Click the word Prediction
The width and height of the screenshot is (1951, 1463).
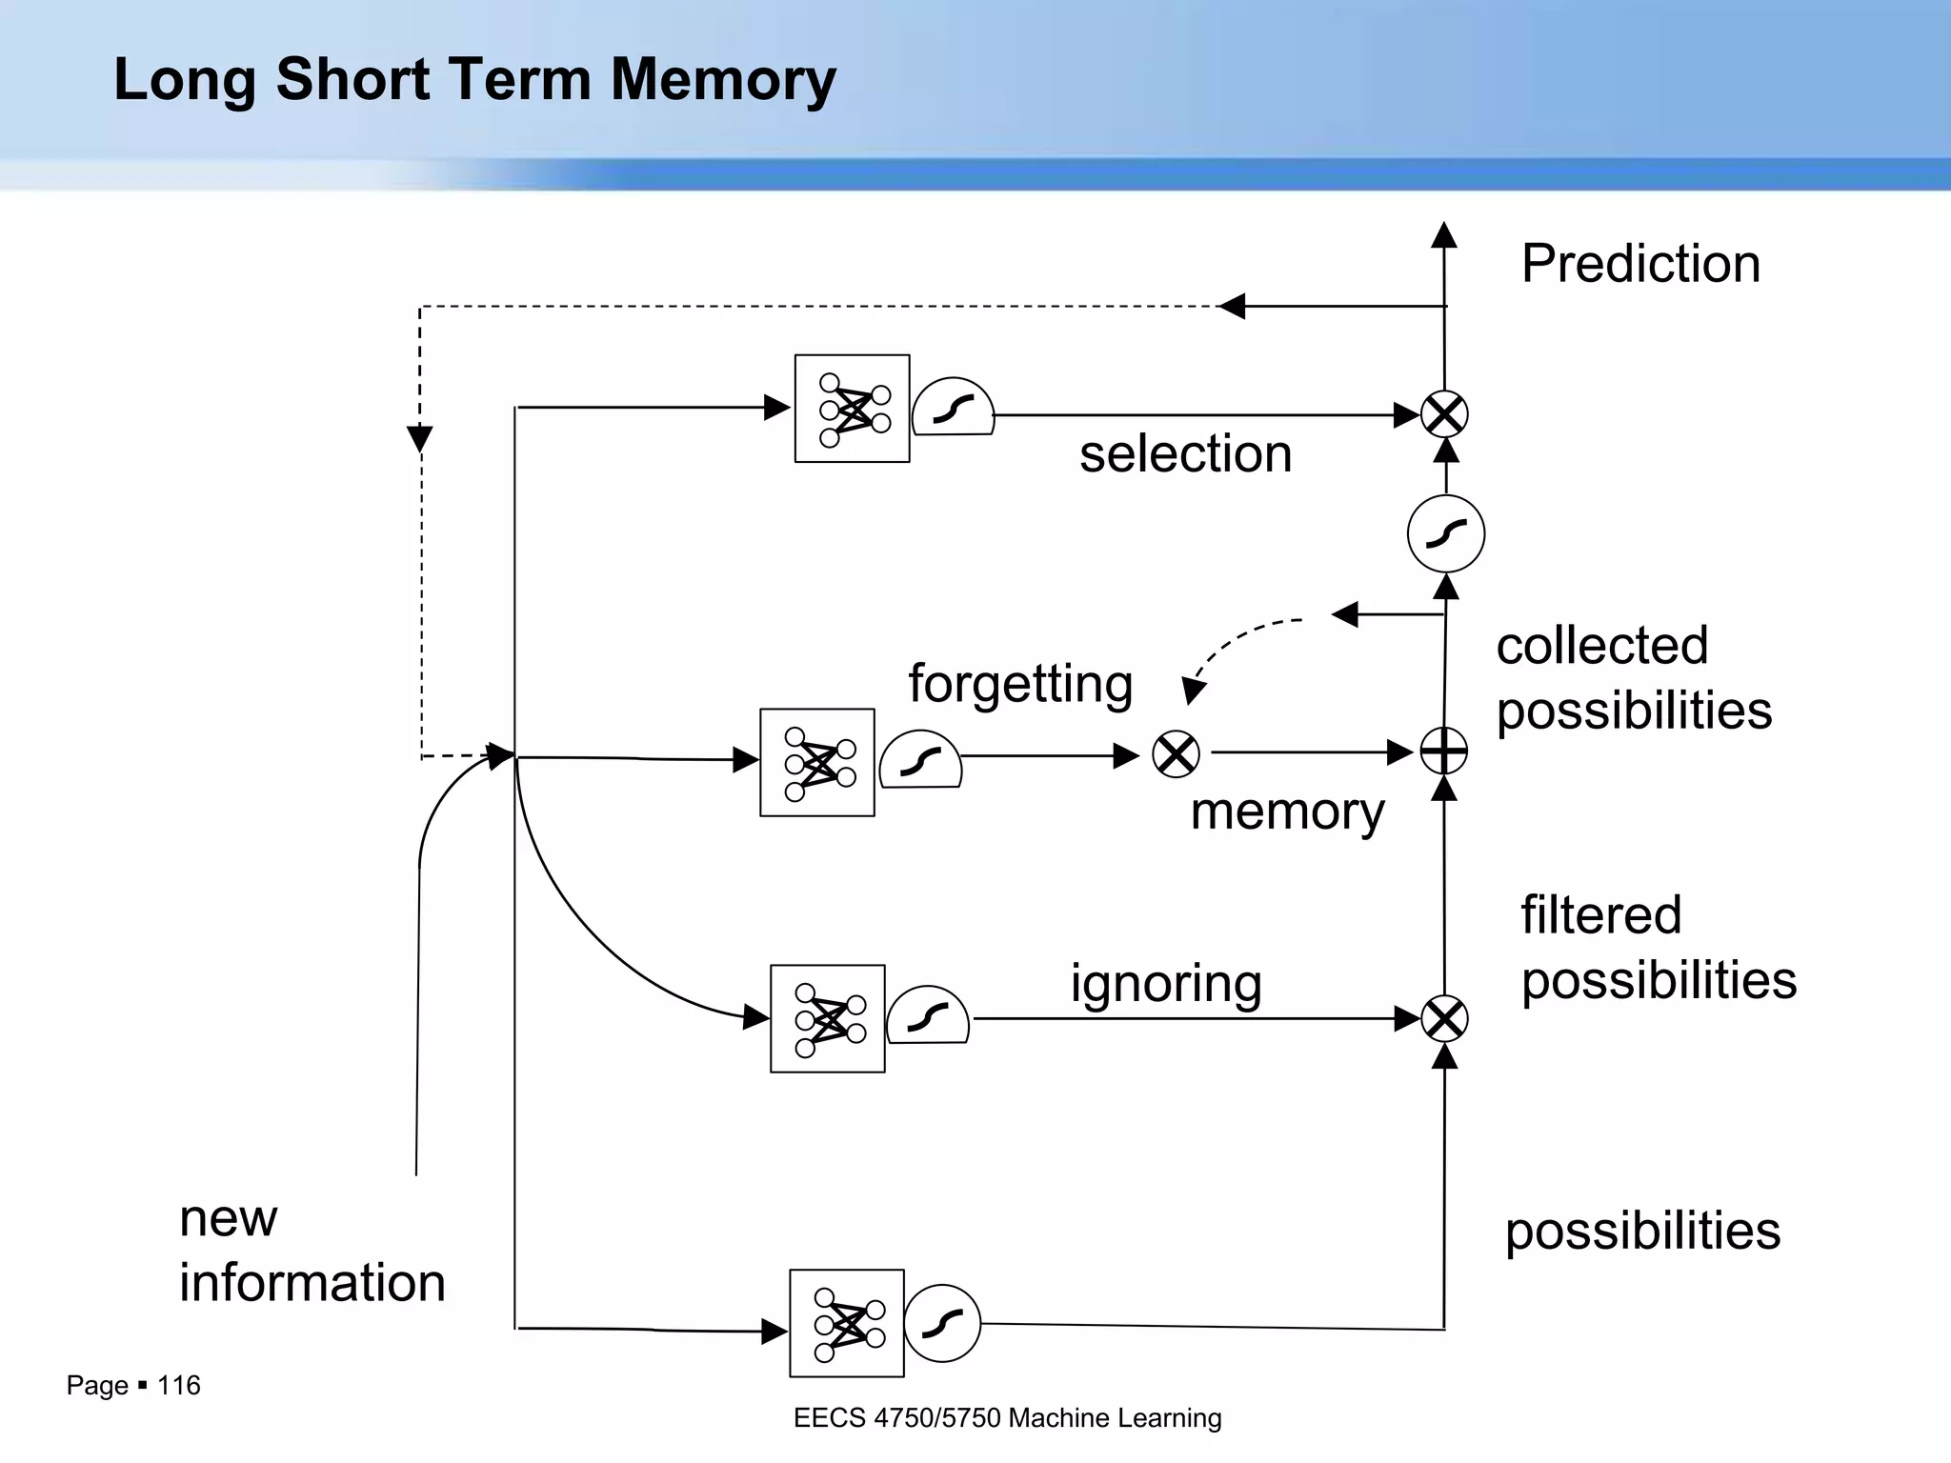(x=1640, y=264)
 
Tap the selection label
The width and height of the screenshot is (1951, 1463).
(x=1185, y=453)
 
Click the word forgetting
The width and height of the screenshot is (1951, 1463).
(x=1020, y=684)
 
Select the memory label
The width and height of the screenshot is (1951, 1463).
(x=1287, y=812)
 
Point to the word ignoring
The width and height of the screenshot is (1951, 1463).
(x=1166, y=983)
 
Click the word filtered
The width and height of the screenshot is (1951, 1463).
(x=1600, y=915)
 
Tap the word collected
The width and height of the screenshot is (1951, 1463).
(x=1602, y=646)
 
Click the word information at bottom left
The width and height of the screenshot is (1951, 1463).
(x=312, y=1282)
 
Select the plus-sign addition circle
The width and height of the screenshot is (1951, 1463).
(x=1444, y=752)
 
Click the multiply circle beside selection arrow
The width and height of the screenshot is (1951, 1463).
(x=1444, y=414)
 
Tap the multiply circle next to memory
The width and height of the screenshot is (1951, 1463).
(x=1176, y=754)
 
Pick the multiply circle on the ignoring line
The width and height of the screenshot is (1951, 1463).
(x=1444, y=1019)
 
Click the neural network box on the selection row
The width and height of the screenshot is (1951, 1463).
(x=852, y=409)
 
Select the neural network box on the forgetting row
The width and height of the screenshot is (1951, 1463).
(x=816, y=762)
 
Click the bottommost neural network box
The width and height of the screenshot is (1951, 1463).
(x=846, y=1323)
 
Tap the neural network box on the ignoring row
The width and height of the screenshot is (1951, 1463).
(x=827, y=1018)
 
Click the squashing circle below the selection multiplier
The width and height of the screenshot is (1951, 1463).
(x=1445, y=533)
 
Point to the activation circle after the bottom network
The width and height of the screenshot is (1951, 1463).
(x=941, y=1323)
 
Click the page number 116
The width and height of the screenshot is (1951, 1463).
(x=178, y=1385)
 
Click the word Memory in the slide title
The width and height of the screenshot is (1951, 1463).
(x=723, y=79)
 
